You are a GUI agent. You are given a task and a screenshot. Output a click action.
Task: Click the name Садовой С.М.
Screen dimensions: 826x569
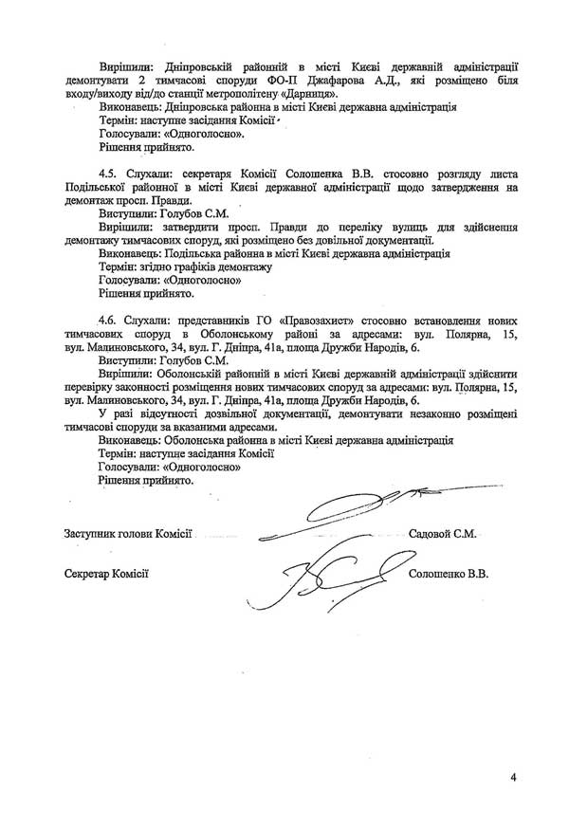[x=441, y=535]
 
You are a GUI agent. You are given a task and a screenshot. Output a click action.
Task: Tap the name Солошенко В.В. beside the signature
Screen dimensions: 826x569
[x=448, y=575]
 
